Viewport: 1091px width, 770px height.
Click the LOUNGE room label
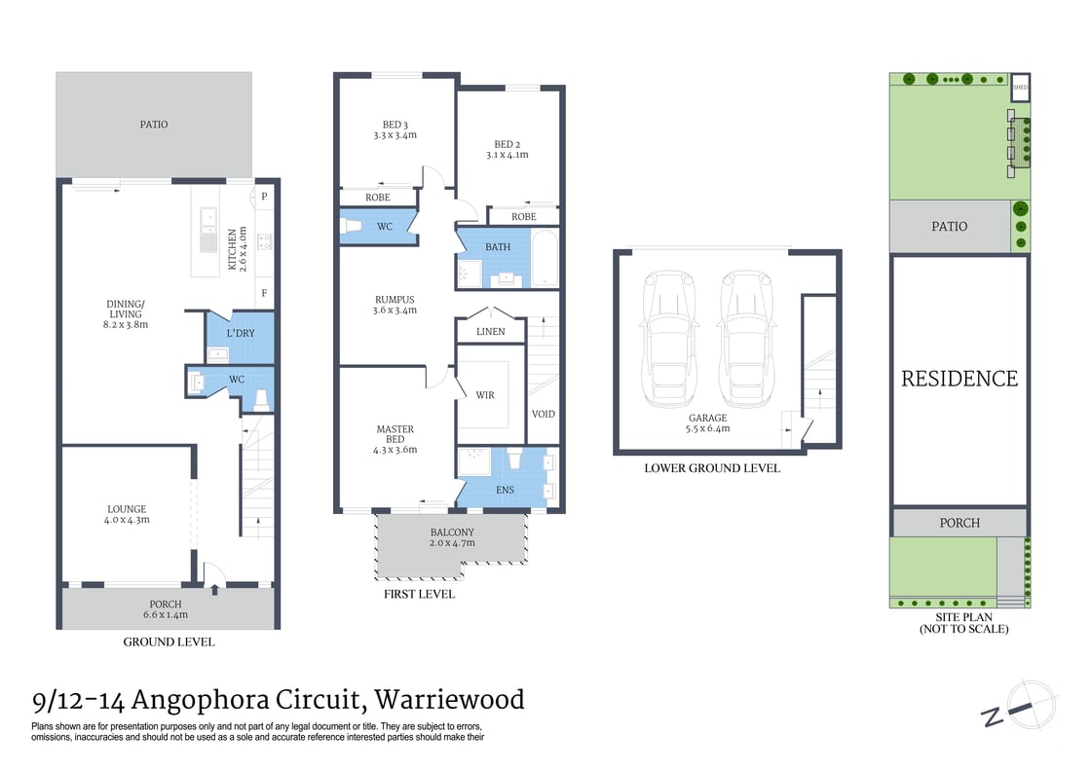point(127,509)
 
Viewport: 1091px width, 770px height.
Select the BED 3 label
point(395,125)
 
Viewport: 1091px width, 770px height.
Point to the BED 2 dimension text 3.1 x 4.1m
point(507,155)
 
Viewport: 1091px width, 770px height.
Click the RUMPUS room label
point(395,300)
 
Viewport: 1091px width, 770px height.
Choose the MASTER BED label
point(395,429)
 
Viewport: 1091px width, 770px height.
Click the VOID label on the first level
point(544,414)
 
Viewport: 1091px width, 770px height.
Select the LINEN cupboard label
point(491,332)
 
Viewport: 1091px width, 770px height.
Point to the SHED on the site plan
point(1020,88)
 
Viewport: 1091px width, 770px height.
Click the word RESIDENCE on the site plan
point(959,379)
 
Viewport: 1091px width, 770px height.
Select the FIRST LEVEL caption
point(419,594)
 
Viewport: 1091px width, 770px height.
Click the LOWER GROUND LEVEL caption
point(712,468)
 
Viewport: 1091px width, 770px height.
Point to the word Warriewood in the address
point(450,699)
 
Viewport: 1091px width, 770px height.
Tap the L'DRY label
point(239,333)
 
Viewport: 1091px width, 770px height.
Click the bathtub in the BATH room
point(545,258)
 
